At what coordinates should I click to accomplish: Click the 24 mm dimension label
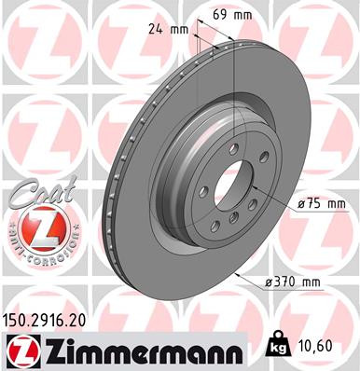click(165, 29)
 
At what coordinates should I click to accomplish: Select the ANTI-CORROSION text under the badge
click(36, 254)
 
